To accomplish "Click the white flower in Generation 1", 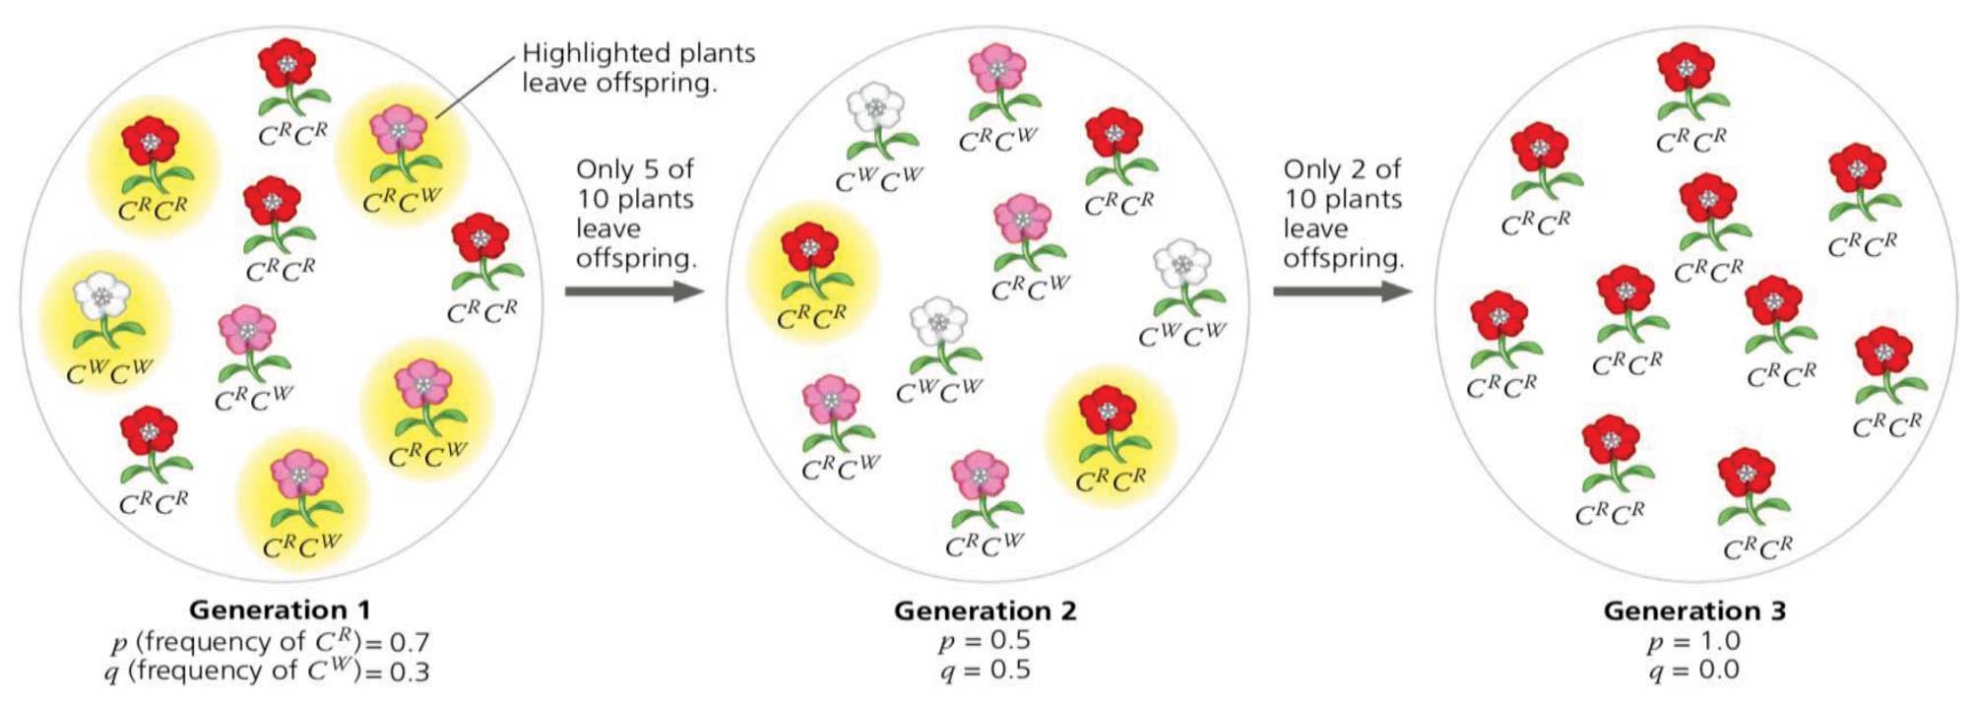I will point(101,295).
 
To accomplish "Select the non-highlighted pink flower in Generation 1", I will point(246,331).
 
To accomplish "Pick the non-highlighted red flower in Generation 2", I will point(1114,134).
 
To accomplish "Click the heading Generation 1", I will point(280,610).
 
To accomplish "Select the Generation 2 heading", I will point(985,610).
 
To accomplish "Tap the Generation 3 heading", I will point(1693,610).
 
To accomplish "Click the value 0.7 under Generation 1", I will point(410,643).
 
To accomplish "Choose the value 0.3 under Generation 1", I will point(410,673).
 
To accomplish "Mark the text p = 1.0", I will point(1693,642).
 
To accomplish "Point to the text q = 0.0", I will point(1693,672).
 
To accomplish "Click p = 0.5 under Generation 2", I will point(985,641).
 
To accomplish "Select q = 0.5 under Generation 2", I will point(985,671).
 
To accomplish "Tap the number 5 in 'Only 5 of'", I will point(650,169).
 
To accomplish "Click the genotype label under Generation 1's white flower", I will point(110,372).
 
